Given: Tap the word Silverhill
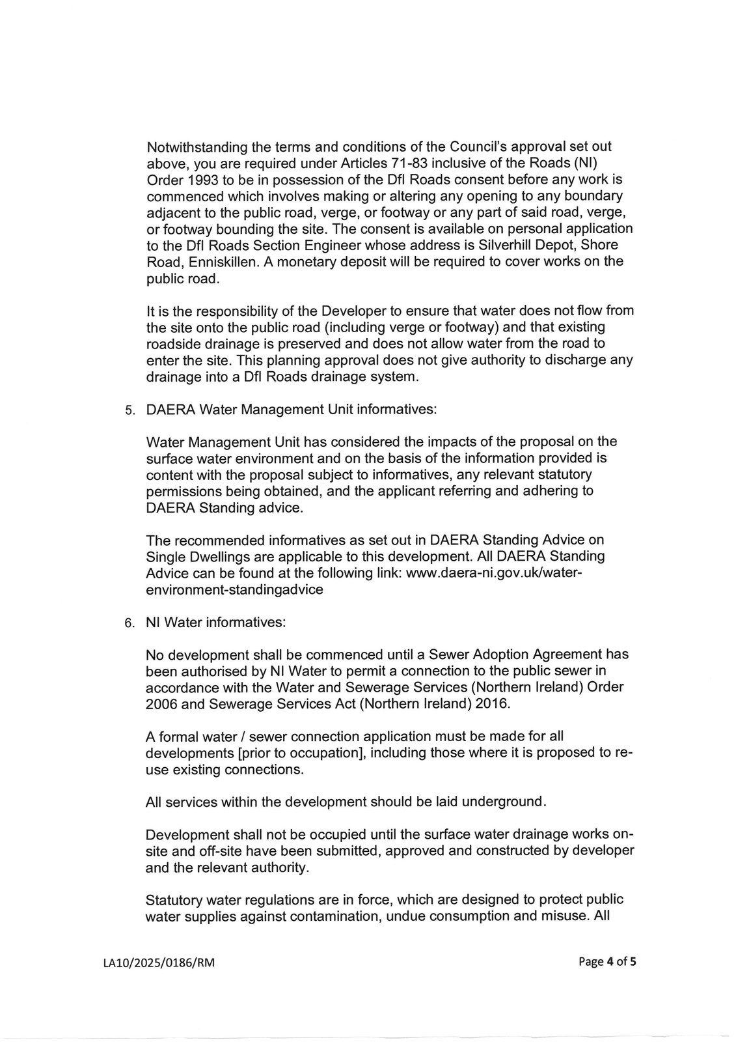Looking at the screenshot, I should [517, 245].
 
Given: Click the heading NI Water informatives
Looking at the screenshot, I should [216, 622].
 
